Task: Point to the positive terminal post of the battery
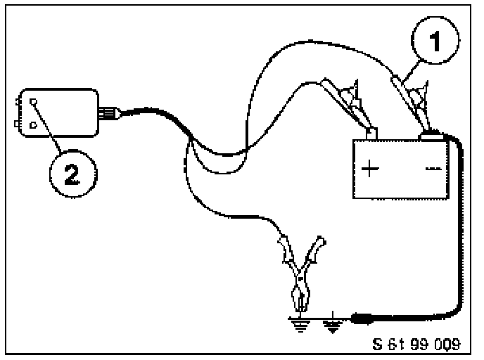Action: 371,133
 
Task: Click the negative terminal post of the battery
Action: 428,133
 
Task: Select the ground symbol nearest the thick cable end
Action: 333,325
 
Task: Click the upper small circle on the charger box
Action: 32,103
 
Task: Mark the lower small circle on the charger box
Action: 31,126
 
